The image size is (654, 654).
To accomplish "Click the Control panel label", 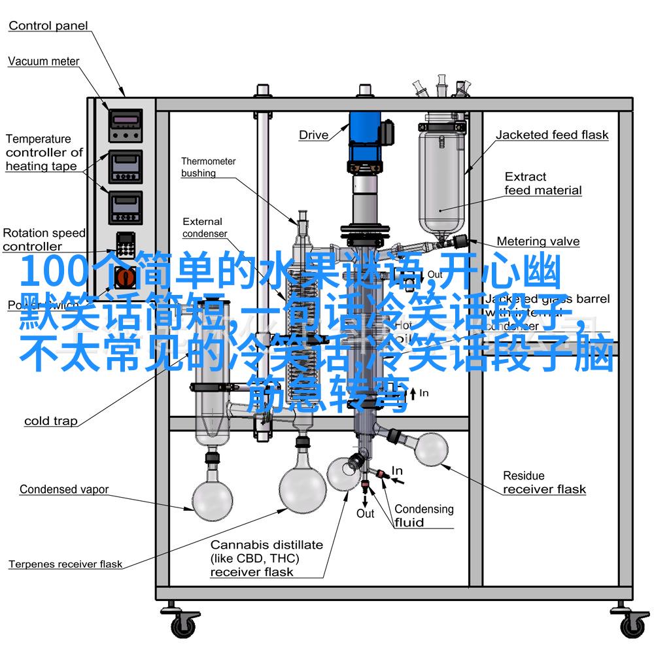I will click(48, 26).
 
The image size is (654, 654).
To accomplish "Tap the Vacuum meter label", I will click(43, 61).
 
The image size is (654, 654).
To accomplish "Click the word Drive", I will click(314, 135).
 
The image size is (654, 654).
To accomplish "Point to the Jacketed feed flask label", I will click(551, 135).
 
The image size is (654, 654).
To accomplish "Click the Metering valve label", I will click(538, 241).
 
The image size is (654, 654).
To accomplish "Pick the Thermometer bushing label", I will click(208, 167).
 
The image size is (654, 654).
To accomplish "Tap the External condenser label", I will click(204, 228).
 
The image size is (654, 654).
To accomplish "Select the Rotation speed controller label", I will click(44, 239).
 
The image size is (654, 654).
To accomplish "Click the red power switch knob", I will click(125, 278).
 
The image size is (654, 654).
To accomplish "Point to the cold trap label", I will click(50, 421).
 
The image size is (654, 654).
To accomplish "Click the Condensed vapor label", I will click(63, 489).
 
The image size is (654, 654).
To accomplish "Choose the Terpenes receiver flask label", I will click(65, 564).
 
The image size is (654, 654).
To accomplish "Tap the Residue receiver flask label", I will click(544, 482).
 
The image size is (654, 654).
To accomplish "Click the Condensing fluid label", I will click(423, 515).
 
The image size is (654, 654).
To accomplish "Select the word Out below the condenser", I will click(365, 513).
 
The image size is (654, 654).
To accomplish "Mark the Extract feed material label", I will click(543, 183).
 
